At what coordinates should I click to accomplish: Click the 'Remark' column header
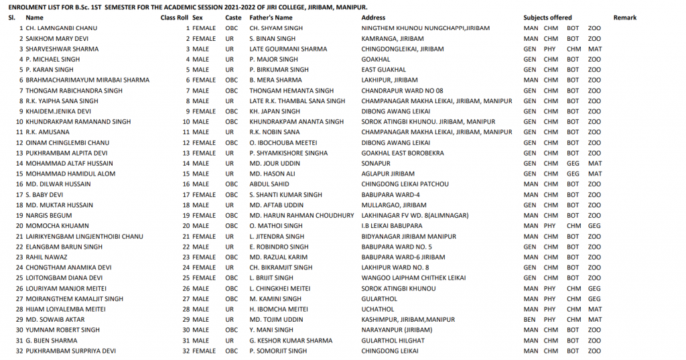[x=624, y=17]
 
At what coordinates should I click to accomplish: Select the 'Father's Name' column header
[x=271, y=17]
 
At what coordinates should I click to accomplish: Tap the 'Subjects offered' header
[x=547, y=17]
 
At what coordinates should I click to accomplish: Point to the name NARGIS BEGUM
[x=45, y=215]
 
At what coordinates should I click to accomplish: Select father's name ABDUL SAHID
[x=270, y=184]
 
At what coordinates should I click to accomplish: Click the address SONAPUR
[x=375, y=163]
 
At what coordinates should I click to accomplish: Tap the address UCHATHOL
[x=378, y=309]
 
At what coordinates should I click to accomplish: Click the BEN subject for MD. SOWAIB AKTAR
[x=529, y=319]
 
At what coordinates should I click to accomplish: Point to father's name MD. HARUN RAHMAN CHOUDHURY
[x=301, y=215]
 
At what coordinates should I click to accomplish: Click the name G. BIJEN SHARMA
[x=51, y=340]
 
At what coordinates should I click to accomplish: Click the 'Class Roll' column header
[x=174, y=17]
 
